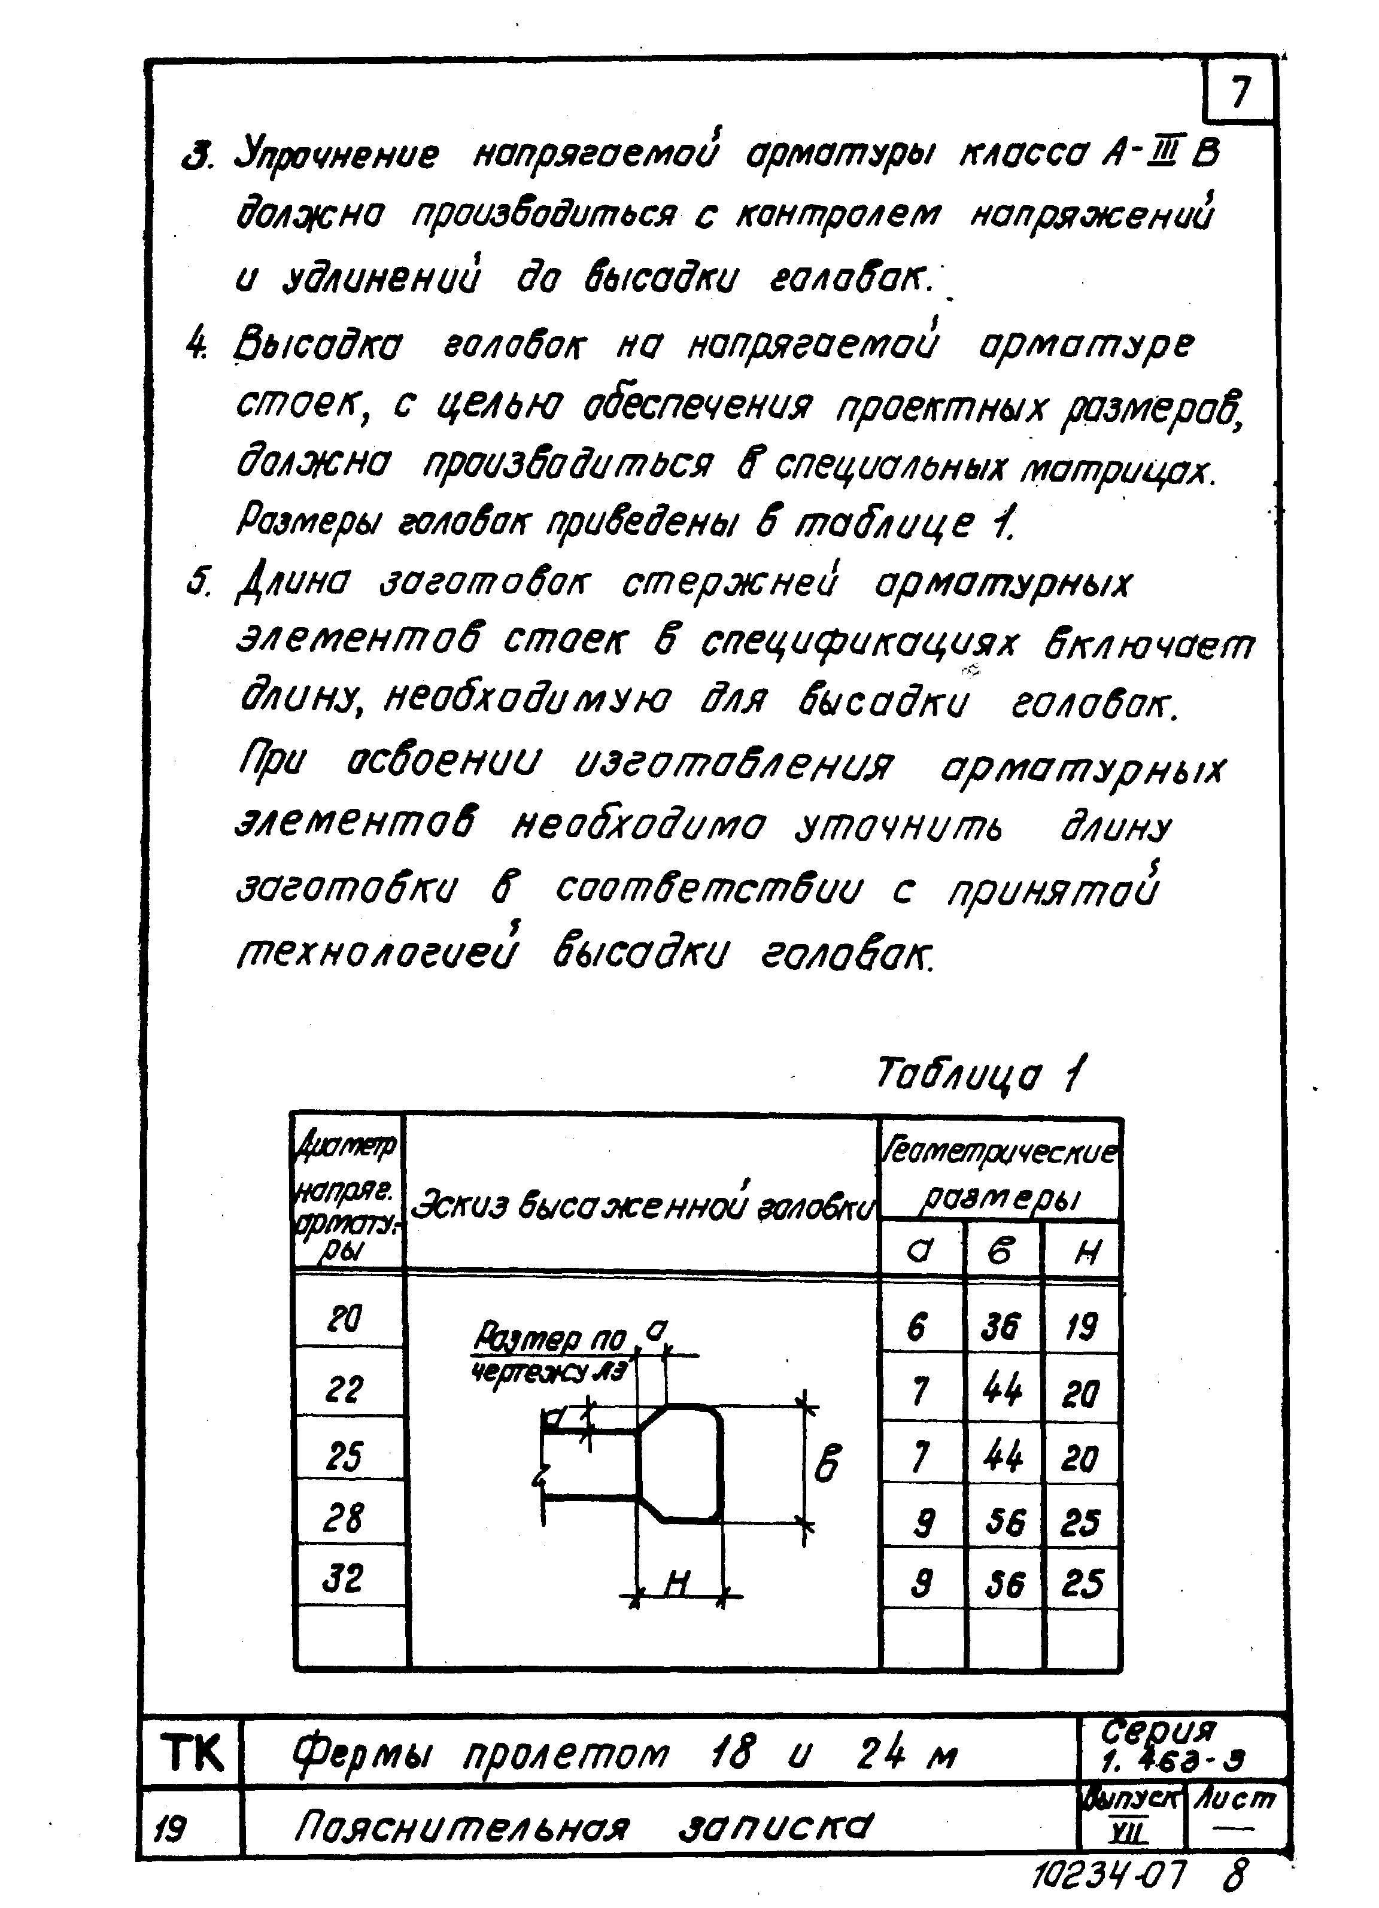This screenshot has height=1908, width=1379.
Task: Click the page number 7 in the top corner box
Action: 1240,93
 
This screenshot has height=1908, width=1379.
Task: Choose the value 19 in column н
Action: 1081,1328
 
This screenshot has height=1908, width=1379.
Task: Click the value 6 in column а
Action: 918,1328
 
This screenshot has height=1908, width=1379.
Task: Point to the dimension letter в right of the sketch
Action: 828,1464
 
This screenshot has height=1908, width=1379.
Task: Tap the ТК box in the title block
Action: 192,1753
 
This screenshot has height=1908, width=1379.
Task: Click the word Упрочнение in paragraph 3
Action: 336,156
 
